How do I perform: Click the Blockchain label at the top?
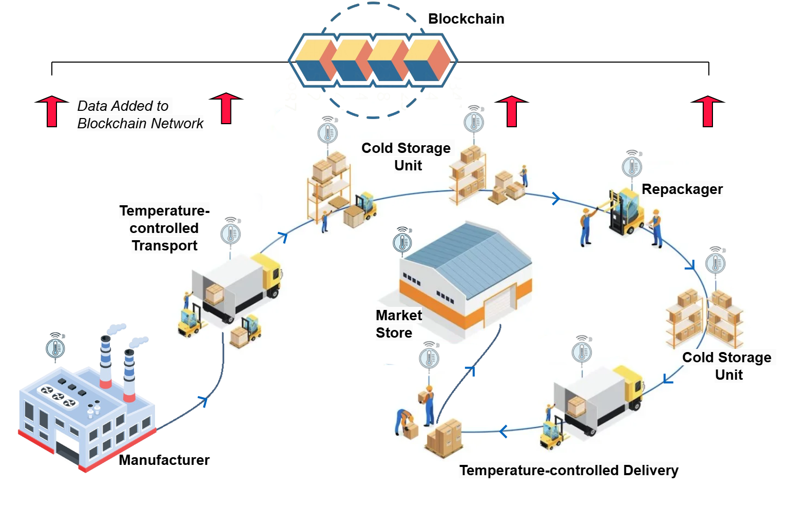[x=466, y=19]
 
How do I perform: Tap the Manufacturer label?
[x=164, y=460]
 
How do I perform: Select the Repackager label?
[x=682, y=189]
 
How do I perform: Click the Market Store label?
[x=398, y=324]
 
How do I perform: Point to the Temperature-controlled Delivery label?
[x=569, y=470]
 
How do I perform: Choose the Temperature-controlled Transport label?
[x=164, y=228]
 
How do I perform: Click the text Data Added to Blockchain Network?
[x=140, y=114]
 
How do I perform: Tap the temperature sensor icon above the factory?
[x=55, y=348]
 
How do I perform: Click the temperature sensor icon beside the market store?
[x=402, y=242]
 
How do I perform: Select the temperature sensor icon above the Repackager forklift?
[x=632, y=166]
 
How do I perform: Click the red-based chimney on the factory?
[x=105, y=362]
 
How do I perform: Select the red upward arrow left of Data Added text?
[x=52, y=110]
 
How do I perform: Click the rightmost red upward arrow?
[x=708, y=110]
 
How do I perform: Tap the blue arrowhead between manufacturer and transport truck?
[x=204, y=400]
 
